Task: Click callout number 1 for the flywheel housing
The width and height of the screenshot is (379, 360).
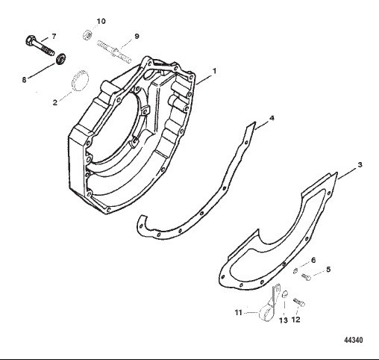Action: click(x=214, y=71)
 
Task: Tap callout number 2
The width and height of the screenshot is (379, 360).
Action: click(x=55, y=102)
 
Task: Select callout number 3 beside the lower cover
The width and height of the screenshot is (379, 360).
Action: click(x=360, y=164)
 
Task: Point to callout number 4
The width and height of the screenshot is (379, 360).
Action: click(x=272, y=118)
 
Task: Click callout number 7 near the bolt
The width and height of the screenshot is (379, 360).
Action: click(x=54, y=37)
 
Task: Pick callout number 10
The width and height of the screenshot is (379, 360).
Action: click(x=101, y=21)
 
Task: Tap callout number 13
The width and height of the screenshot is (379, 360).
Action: click(x=284, y=320)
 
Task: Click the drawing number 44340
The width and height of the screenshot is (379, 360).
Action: click(x=354, y=340)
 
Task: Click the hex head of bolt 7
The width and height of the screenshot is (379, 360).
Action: click(x=29, y=40)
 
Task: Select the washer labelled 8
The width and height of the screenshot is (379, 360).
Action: click(x=60, y=59)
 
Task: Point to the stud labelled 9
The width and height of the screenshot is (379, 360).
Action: click(x=114, y=52)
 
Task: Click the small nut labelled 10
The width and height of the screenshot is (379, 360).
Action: click(x=87, y=34)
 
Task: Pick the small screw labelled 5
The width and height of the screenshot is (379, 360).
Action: click(x=306, y=276)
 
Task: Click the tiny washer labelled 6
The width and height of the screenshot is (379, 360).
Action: click(x=295, y=271)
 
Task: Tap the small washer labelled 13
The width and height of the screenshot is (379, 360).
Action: click(x=285, y=294)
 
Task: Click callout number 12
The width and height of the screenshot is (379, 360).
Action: click(x=295, y=320)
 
